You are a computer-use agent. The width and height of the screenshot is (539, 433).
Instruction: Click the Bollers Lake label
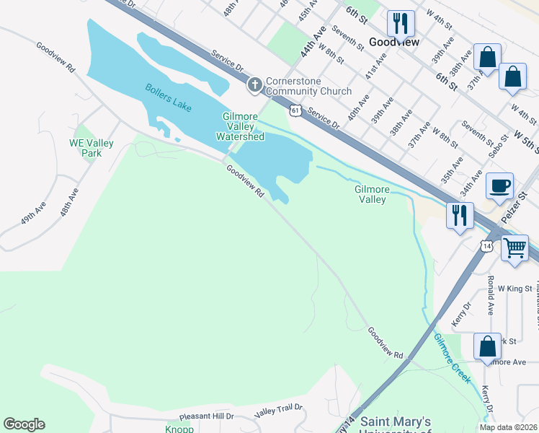click(169, 97)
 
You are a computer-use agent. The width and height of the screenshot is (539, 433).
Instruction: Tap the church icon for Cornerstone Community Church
click(254, 86)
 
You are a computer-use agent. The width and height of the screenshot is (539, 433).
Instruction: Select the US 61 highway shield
click(295, 110)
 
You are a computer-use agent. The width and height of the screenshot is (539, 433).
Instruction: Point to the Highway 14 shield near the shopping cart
click(487, 246)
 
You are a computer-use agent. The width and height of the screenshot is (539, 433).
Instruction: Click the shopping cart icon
click(515, 248)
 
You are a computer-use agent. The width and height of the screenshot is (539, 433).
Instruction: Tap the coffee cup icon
click(500, 186)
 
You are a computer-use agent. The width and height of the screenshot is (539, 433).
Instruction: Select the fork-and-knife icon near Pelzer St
click(460, 214)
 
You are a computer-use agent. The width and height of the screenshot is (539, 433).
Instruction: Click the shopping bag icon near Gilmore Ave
click(487, 346)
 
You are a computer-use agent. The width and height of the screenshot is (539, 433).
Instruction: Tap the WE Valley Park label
click(92, 148)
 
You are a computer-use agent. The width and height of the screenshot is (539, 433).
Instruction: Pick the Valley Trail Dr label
click(279, 411)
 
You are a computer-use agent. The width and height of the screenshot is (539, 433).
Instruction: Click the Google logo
click(24, 424)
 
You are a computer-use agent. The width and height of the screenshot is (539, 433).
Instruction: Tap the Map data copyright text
click(507, 427)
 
